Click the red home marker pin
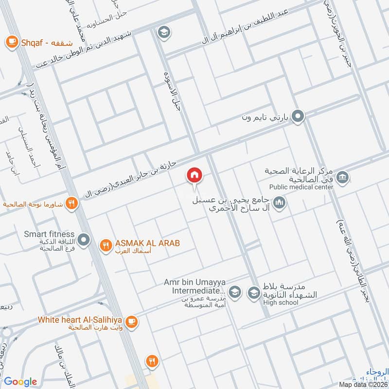(x=194, y=175)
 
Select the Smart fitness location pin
(x=84, y=240)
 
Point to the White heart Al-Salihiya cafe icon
(x=131, y=321)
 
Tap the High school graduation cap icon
(x=253, y=293)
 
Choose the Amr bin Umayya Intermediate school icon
(x=234, y=292)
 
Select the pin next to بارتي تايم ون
(x=298, y=117)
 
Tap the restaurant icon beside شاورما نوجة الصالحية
(x=71, y=204)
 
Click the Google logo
(x=20, y=382)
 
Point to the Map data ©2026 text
(x=363, y=385)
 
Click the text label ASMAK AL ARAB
(x=147, y=243)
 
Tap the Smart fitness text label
(x=49, y=234)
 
